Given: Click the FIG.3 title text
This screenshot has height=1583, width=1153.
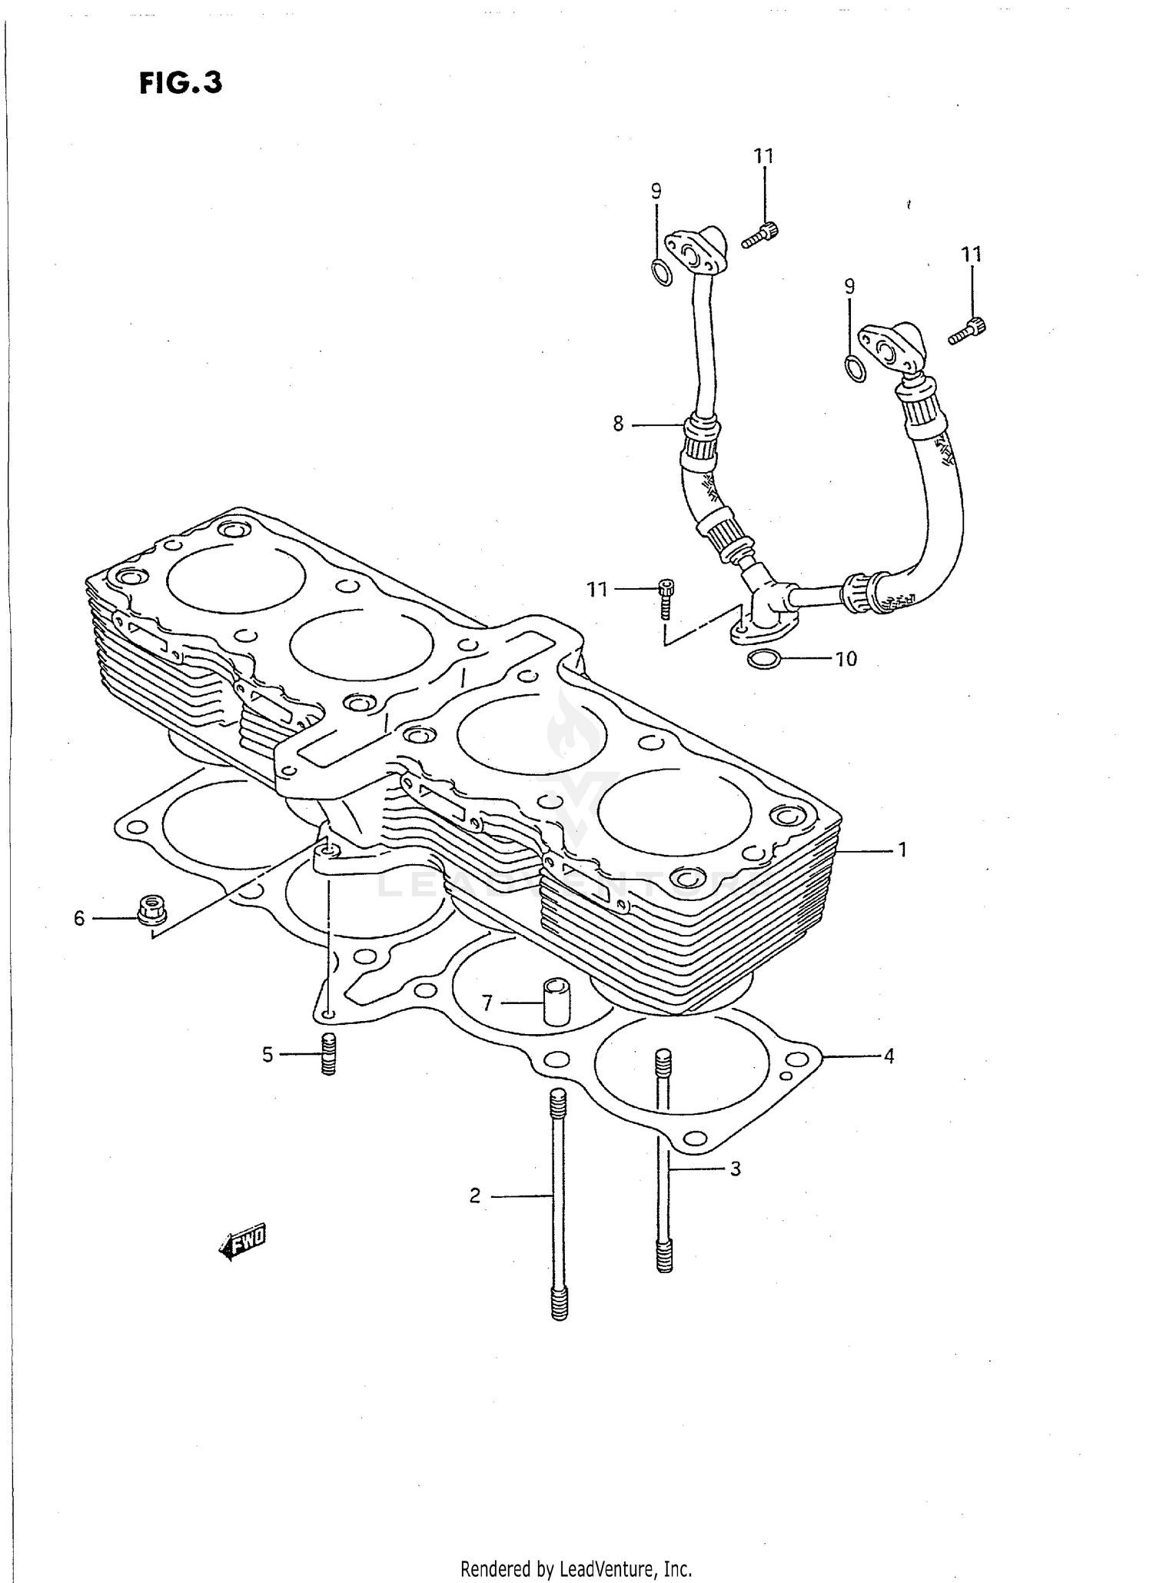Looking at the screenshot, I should pyautogui.click(x=181, y=83).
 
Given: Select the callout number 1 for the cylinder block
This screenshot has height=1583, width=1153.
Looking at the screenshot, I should pyautogui.click(x=902, y=850).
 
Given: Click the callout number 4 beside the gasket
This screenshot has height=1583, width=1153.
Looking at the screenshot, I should pyautogui.click(x=889, y=1056).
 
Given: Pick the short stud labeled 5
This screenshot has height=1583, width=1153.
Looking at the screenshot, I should pyautogui.click(x=328, y=1054).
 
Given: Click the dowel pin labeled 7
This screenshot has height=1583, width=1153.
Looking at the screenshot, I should pyautogui.click(x=555, y=1002).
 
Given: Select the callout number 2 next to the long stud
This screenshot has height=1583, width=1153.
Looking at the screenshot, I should pyautogui.click(x=475, y=1196).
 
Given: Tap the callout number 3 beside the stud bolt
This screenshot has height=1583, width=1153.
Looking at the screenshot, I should pyautogui.click(x=735, y=1169).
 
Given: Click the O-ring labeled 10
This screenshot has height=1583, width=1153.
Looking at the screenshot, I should pyautogui.click(x=763, y=659).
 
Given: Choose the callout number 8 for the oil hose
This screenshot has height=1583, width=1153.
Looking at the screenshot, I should pyautogui.click(x=618, y=424).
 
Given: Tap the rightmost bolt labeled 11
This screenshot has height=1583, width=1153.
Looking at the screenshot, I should pyautogui.click(x=967, y=331).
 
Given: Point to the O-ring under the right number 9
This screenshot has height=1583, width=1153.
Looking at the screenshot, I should pyautogui.click(x=855, y=369).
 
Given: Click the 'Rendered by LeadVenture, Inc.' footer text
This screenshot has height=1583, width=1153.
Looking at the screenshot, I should pyautogui.click(x=576, y=1568).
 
